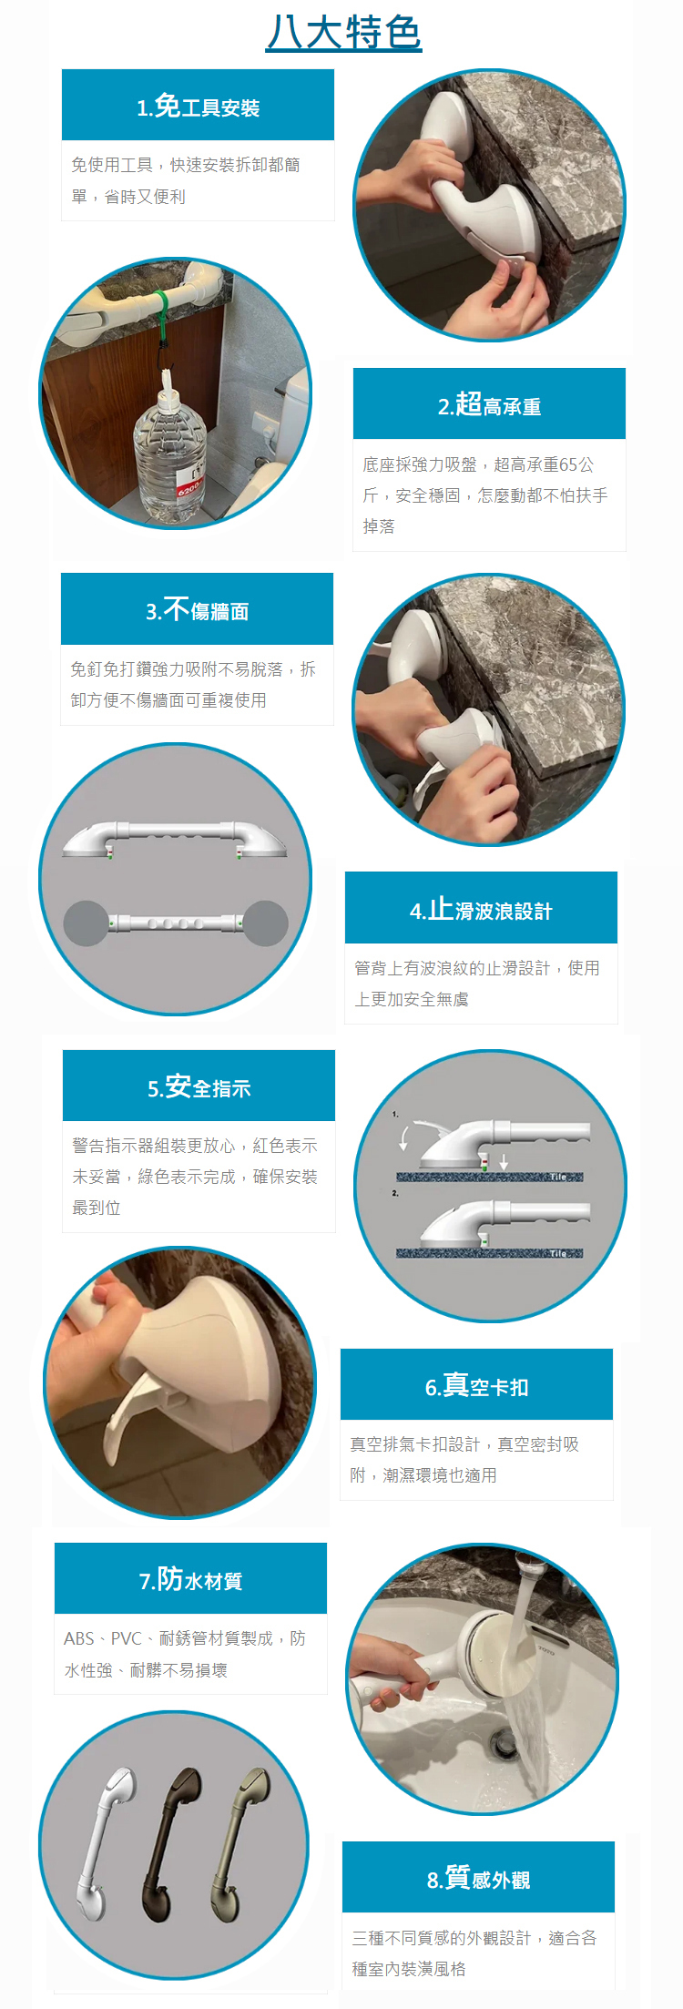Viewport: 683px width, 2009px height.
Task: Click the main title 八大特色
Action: click(343, 32)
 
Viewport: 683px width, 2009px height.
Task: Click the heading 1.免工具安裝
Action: click(198, 107)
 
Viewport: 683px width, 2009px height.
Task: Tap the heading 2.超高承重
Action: click(489, 405)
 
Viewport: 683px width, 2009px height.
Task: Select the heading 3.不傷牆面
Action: click(197, 610)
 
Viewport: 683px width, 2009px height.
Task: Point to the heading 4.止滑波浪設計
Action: click(481, 910)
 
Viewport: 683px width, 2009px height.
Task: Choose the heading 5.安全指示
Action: click(199, 1087)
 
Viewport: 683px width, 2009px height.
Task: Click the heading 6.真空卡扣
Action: click(476, 1386)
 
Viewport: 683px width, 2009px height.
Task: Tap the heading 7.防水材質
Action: click(190, 1580)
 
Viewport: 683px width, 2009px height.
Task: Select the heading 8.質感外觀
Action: click(478, 1879)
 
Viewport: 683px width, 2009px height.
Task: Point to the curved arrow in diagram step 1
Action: click(406, 1134)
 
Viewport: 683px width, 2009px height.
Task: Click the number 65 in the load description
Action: click(568, 465)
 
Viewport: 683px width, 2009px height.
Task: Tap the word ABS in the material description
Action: click(79, 1638)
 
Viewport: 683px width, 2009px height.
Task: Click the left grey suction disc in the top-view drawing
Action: click(86, 923)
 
